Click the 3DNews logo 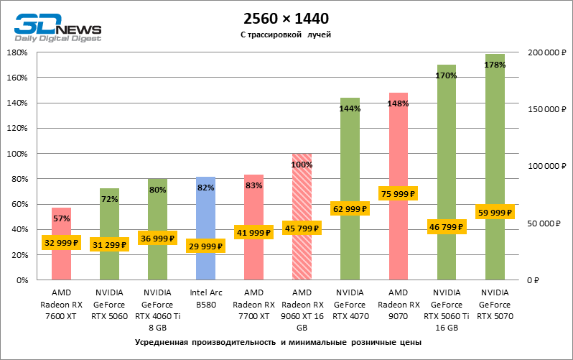tap(58, 27)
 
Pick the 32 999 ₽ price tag tap(61, 243)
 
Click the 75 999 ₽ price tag tap(399, 194)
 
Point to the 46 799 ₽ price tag tap(447, 226)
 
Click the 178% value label tap(495, 65)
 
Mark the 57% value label tap(61, 218)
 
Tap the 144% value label tap(350, 109)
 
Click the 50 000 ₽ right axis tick tap(543, 223)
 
